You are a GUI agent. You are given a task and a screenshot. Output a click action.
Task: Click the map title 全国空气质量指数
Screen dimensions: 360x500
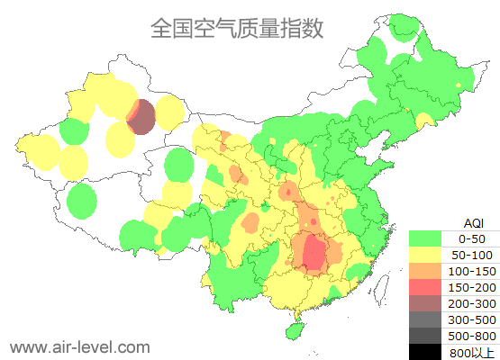[x=237, y=28]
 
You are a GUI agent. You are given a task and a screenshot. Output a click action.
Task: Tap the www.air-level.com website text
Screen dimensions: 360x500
[x=79, y=346]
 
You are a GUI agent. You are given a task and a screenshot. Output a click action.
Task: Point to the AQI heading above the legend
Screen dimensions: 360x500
[x=473, y=222]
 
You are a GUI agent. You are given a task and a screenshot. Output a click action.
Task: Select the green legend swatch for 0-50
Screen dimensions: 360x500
[x=429, y=238]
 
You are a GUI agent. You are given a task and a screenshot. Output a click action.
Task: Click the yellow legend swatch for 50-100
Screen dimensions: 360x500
[x=429, y=255]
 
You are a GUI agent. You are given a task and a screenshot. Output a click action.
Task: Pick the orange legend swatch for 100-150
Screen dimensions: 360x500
[x=429, y=271]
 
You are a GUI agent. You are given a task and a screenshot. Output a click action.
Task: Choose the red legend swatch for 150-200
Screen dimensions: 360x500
[x=429, y=287]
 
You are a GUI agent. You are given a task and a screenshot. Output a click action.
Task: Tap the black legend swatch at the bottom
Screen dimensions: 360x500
[x=429, y=351]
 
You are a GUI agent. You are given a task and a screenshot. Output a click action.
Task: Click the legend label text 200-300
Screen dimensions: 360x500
[x=472, y=303]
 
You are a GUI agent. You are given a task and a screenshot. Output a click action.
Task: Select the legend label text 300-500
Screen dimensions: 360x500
[x=472, y=319]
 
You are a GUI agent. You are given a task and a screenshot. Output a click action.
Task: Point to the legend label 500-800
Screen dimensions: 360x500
[x=472, y=336]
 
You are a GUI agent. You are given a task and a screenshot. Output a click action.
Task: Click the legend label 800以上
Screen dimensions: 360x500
[x=472, y=352]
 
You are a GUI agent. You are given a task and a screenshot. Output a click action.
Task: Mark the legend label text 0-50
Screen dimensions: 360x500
[x=472, y=238]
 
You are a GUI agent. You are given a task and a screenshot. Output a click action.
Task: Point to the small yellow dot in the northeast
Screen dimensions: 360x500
[x=459, y=85]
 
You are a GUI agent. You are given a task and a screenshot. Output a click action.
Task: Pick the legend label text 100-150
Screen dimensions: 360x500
[x=472, y=271]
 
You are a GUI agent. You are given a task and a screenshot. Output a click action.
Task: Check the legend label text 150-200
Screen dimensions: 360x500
[x=472, y=287]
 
